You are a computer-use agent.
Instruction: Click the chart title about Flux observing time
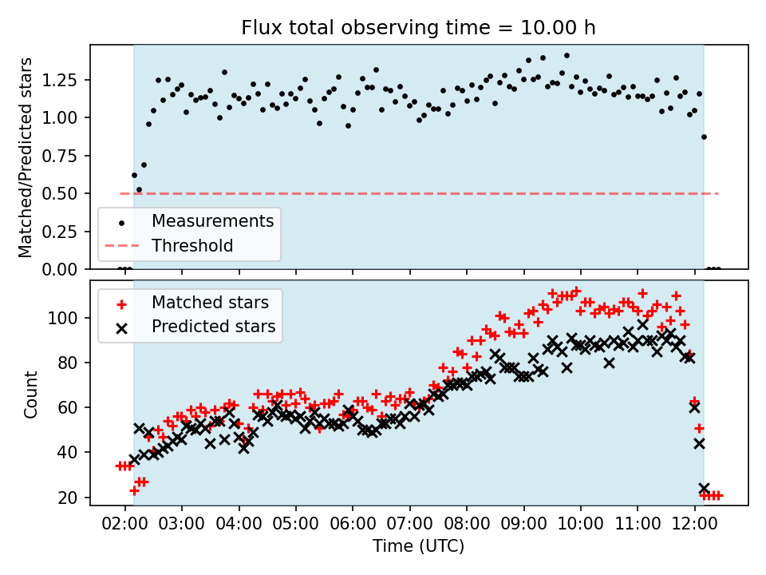pyautogui.click(x=418, y=28)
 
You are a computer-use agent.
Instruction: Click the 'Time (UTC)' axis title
pyautogui.click(x=418, y=547)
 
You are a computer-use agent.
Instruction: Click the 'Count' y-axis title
pyautogui.click(x=31, y=394)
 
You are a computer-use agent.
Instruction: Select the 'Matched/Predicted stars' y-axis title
pyautogui.click(x=26, y=157)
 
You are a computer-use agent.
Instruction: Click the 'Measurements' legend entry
pyautogui.click(x=212, y=220)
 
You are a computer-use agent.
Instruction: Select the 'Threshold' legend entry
pyautogui.click(x=192, y=245)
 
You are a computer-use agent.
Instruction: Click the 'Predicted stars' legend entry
pyautogui.click(x=214, y=327)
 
